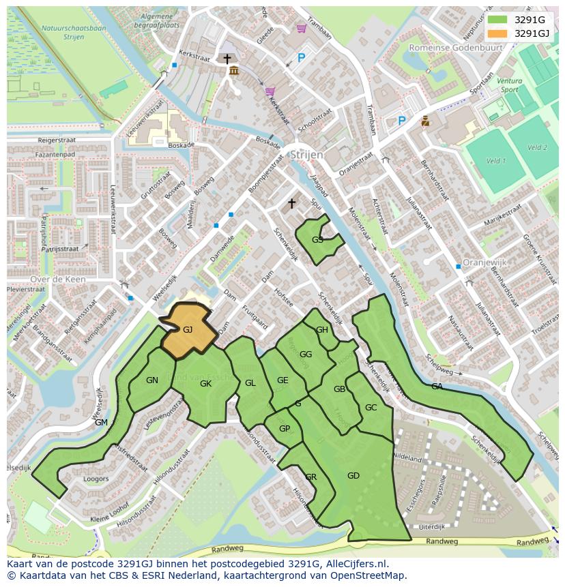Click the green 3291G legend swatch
497,20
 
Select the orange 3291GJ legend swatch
497,33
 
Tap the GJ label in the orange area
188,329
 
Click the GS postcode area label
317,240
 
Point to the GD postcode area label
353,476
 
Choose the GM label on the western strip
101,423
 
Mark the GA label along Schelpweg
437,387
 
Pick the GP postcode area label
285,429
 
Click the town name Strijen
306,155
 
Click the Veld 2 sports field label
537,147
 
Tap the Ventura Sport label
509,85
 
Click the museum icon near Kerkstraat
234,72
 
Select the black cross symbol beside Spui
292,203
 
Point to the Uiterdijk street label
431,527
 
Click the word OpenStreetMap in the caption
368,575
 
